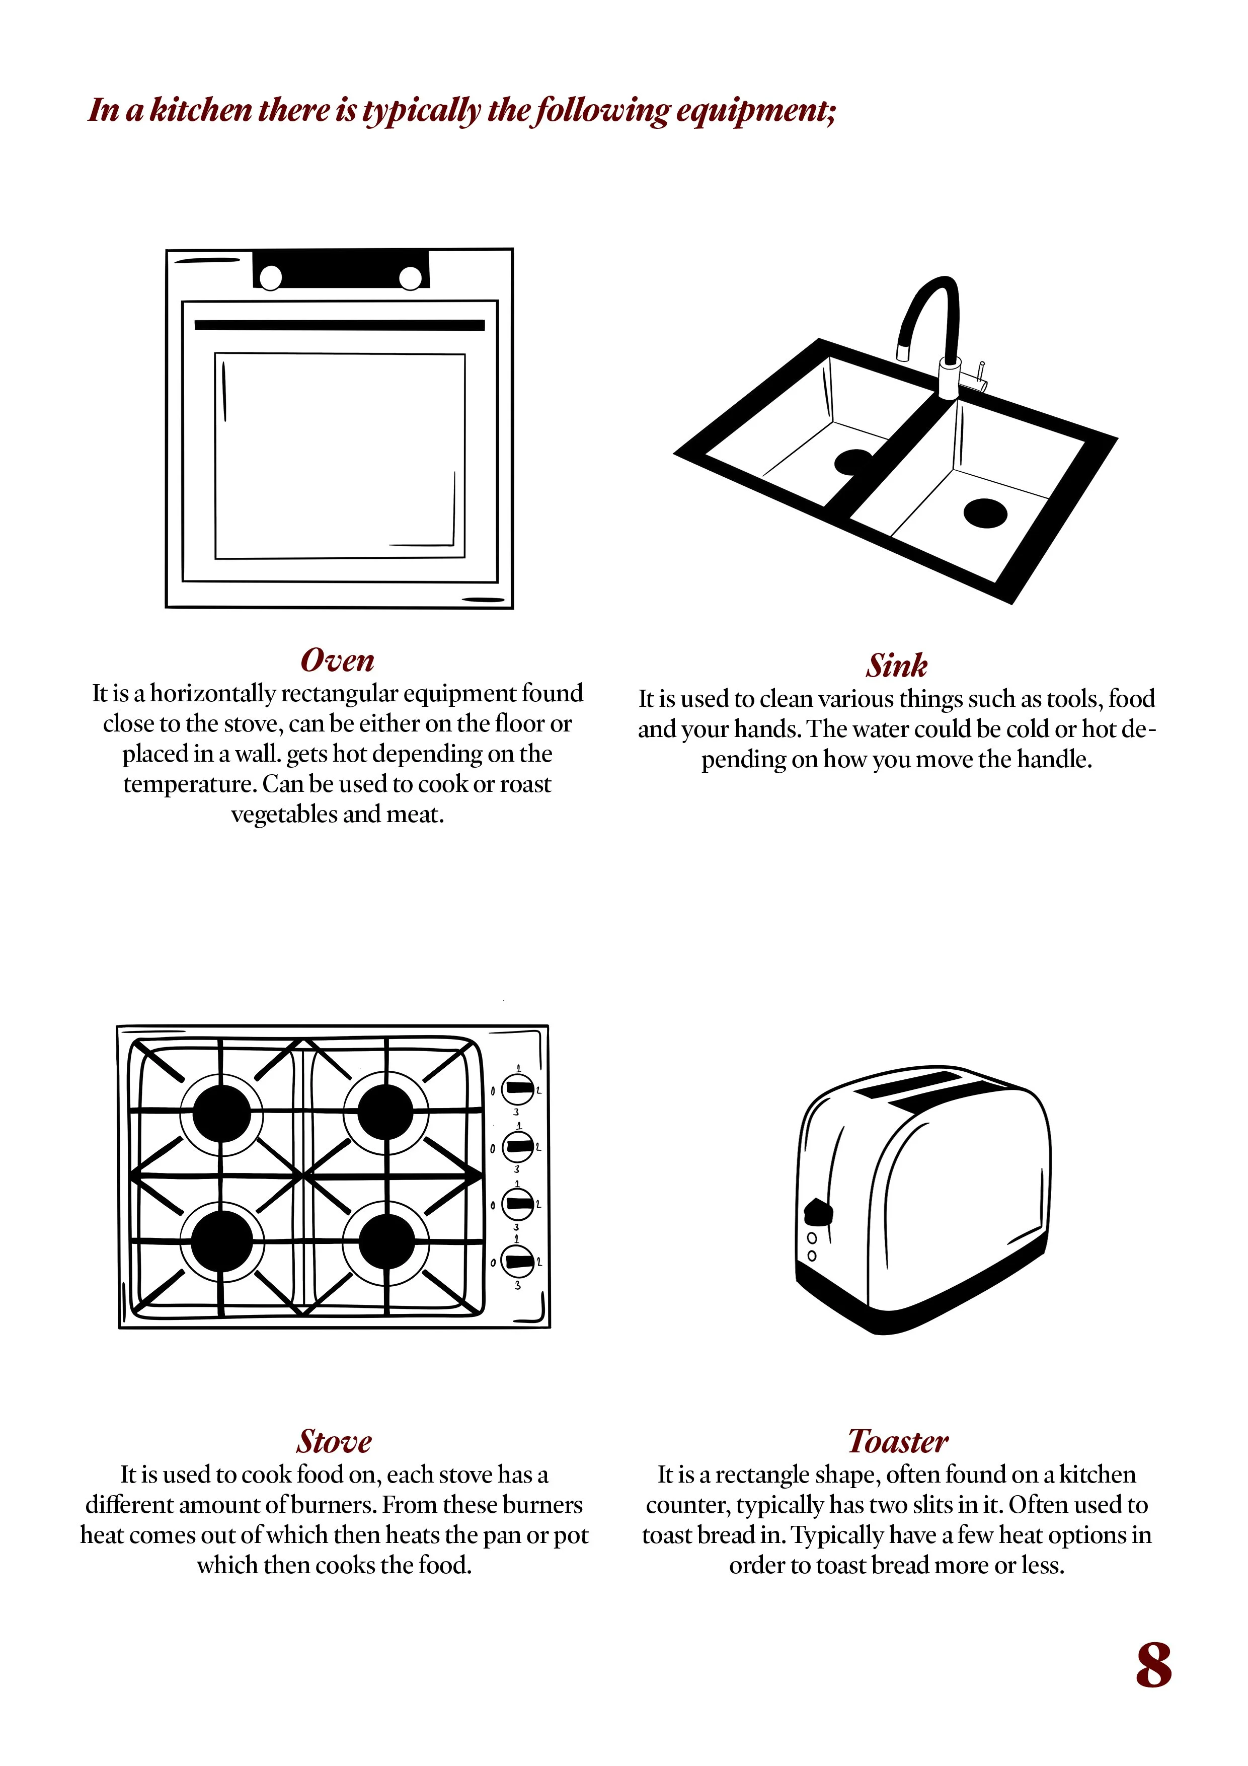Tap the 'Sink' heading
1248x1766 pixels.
click(897, 666)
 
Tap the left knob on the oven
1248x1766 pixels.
click(271, 278)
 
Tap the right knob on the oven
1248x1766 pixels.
click(411, 278)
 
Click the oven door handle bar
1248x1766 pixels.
click(339, 325)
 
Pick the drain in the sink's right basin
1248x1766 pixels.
click(985, 513)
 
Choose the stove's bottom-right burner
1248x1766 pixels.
click(387, 1243)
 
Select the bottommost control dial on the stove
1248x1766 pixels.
click(517, 1262)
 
